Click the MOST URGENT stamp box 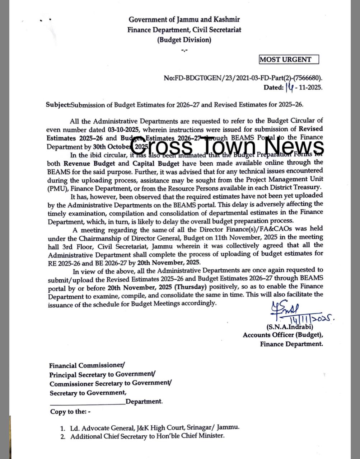[289, 60]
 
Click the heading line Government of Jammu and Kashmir [184, 20]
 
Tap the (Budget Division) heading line [184, 40]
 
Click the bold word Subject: [58, 105]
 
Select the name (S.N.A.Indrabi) [290, 327]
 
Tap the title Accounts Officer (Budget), [283, 335]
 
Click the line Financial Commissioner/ [87, 366]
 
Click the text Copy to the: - [70, 412]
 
